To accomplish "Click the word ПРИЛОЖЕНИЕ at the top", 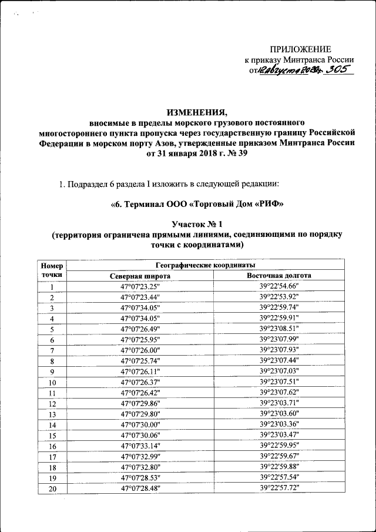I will [300, 49].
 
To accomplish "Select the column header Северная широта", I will [140, 275].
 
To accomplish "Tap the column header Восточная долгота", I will [279, 275].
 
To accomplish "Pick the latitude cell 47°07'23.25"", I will [140, 286].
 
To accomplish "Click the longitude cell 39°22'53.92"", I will [279, 297].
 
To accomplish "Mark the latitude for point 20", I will [140, 488].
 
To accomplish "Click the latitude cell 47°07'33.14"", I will [140, 446].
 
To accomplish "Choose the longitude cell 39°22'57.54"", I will [279, 477].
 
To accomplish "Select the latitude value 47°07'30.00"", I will [140, 424].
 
